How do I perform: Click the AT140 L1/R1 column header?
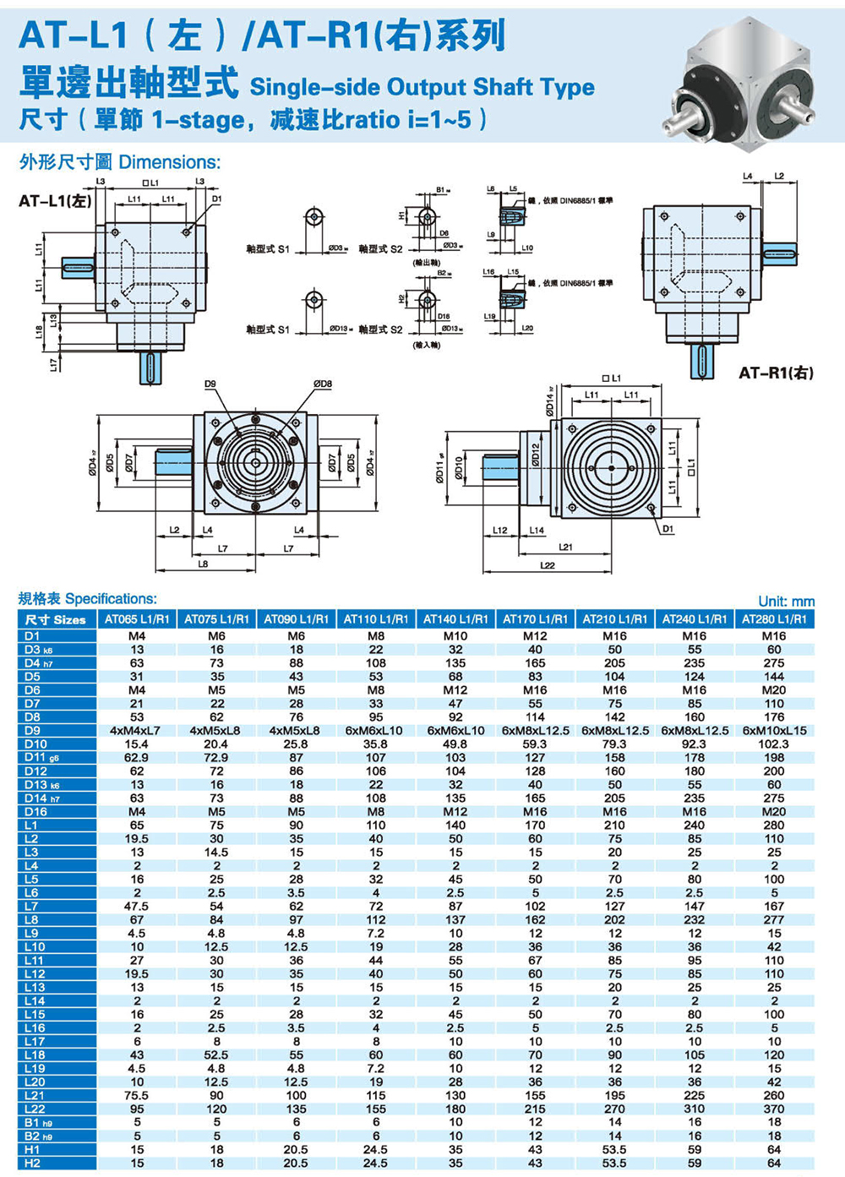(455, 619)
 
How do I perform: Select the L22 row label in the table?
(35, 1109)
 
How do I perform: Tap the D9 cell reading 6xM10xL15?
(774, 731)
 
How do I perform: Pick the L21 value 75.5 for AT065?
(137, 1095)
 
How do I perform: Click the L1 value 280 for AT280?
(774, 826)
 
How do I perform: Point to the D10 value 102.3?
(774, 744)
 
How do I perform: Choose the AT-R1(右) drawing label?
(775, 373)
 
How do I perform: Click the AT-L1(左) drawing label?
(55, 201)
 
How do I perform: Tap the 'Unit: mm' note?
(786, 602)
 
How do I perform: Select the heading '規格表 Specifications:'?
(88, 599)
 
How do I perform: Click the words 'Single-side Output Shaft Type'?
(422, 87)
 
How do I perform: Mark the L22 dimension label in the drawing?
(548, 565)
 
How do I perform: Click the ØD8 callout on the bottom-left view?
(323, 384)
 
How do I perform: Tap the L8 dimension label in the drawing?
(203, 564)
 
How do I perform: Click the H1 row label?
(33, 1149)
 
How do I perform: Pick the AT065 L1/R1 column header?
(137, 619)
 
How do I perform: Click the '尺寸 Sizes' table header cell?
(56, 619)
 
